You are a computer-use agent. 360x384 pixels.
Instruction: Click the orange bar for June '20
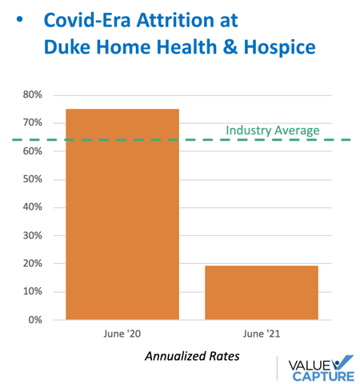click(x=122, y=214)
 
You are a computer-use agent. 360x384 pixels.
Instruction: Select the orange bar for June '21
click(x=262, y=293)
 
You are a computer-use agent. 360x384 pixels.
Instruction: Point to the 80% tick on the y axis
click(x=32, y=94)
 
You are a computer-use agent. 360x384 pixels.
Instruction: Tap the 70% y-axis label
click(x=32, y=122)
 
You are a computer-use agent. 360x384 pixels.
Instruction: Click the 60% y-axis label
click(x=32, y=151)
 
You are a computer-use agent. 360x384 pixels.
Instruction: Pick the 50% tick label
click(x=32, y=179)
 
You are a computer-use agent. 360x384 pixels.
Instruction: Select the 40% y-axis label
click(x=32, y=207)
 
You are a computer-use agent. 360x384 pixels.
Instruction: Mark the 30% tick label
click(x=32, y=236)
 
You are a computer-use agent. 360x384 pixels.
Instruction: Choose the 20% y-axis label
click(x=32, y=263)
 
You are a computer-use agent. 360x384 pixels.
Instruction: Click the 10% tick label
click(x=32, y=291)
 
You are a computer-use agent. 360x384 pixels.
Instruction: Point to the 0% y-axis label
click(x=35, y=320)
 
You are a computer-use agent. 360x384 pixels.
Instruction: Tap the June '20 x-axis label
click(x=122, y=334)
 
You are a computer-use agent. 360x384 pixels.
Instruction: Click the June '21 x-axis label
click(x=262, y=334)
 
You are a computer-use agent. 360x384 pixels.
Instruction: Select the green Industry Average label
click(x=273, y=130)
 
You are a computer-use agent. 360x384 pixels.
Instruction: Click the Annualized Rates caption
click(x=192, y=356)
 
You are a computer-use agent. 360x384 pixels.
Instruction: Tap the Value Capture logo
click(x=322, y=368)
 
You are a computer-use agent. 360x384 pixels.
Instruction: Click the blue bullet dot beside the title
click(x=19, y=19)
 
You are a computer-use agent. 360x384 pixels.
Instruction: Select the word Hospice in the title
click(x=280, y=47)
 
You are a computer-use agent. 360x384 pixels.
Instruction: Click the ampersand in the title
click(x=230, y=46)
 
